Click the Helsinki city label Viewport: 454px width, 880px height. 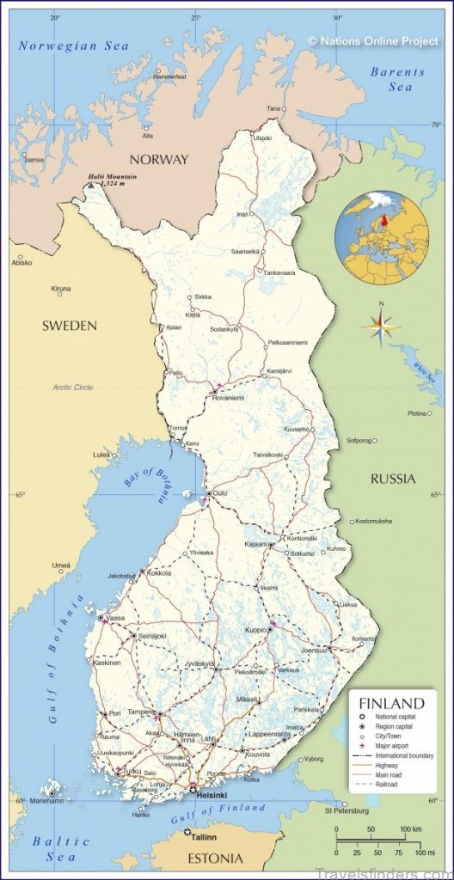[x=212, y=796]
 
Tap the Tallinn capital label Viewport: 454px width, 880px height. [x=203, y=836]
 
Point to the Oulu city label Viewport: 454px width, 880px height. [x=220, y=493]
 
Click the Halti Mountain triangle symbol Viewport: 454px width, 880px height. [x=92, y=184]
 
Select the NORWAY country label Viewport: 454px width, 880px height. [x=158, y=160]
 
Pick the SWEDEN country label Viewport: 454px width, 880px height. [x=70, y=326]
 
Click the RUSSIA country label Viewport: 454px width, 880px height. [x=393, y=479]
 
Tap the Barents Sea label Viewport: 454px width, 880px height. [x=398, y=80]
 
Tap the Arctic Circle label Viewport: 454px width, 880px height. [x=72, y=388]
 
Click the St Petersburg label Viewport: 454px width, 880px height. [x=346, y=810]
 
